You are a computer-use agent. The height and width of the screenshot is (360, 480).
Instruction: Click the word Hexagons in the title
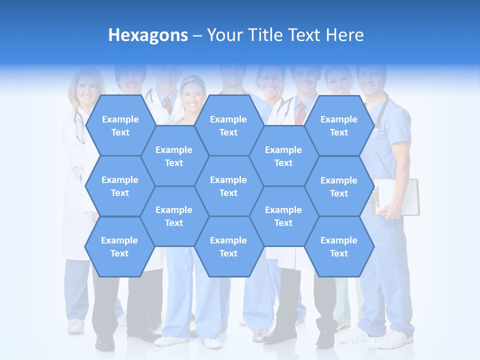pos(148,35)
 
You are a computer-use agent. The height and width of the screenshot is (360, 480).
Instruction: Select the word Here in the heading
pos(344,35)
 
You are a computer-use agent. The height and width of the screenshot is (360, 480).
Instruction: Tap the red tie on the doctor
pos(300,114)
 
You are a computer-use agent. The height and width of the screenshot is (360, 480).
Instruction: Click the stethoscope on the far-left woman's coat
pos(78,125)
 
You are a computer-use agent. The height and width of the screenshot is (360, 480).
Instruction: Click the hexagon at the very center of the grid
pos(228,186)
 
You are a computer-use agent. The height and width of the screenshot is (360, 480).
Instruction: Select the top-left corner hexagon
pos(120,125)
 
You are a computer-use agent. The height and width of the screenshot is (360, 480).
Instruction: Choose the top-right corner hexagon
pos(339,125)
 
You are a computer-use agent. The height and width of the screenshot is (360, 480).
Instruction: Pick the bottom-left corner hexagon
pos(120,246)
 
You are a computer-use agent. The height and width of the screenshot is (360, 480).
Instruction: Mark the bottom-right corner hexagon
pos(339,246)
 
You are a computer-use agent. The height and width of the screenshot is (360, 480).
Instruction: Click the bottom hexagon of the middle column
pos(228,246)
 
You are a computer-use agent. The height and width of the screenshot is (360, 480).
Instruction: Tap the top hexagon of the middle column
pos(228,125)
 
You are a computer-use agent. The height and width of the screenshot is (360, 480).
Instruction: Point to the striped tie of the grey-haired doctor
pos(167,104)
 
